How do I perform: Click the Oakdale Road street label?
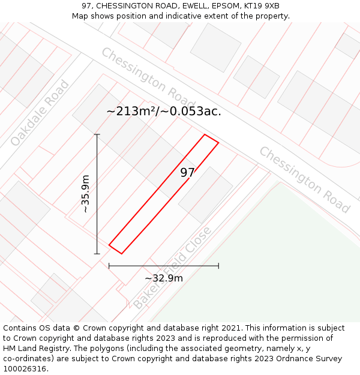(40, 113)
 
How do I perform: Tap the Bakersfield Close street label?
(173, 268)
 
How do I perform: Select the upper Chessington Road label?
(148, 74)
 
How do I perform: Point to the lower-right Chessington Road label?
(304, 179)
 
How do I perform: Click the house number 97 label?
(187, 173)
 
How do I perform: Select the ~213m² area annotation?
(164, 111)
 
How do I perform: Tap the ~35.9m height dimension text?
(86, 194)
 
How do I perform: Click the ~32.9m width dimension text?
(164, 278)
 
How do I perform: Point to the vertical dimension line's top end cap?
(97, 134)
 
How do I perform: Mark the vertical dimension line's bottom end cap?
(97, 254)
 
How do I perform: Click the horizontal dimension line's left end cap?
(109, 265)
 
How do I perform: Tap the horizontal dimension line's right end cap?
(218, 265)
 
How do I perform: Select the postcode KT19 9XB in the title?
(259, 6)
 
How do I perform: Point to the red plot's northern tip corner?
(205, 134)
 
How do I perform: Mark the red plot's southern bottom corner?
(121, 253)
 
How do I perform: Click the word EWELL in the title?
(187, 6)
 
